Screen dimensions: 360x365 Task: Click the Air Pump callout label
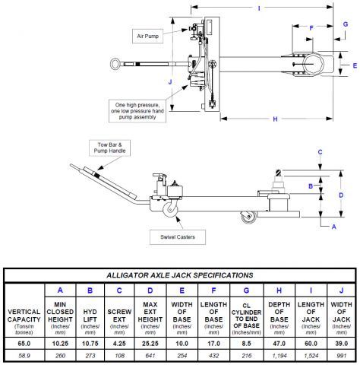pos(147,36)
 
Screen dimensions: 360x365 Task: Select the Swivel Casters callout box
pos(178,237)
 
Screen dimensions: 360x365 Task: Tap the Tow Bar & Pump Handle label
pos(109,148)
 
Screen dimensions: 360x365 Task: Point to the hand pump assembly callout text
pos(137,111)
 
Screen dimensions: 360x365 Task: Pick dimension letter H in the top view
pos(276,119)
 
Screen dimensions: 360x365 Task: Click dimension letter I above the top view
pos(259,8)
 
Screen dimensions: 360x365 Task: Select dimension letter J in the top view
pos(170,82)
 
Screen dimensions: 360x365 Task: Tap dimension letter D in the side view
pos(341,195)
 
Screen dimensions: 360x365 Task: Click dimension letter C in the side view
pos(320,152)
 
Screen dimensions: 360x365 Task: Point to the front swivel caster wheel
pos(170,209)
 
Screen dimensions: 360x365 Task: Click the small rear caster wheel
pos(248,217)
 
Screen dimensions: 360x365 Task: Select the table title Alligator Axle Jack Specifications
pos(180,275)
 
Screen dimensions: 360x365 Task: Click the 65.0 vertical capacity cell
pos(24,344)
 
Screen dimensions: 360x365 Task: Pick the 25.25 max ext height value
pos(150,344)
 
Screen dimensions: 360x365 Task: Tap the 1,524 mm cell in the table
pos(311,356)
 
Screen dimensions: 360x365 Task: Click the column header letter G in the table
pos(246,290)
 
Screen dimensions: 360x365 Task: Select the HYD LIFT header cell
pos(90,316)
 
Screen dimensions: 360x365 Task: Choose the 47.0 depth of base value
pos(279,344)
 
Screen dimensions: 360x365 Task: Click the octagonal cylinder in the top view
pos(313,63)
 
